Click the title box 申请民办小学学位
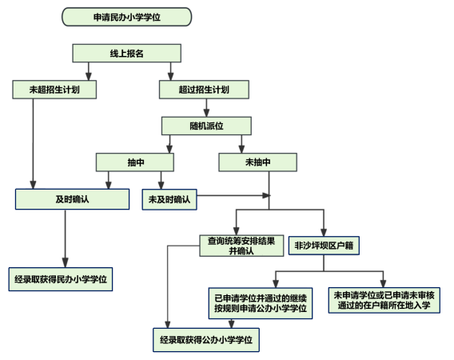coord(126,17)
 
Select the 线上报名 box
coord(126,53)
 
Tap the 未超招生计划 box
coord(54,90)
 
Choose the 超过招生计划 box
coord(204,90)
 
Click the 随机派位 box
coord(206,126)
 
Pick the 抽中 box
coord(135,162)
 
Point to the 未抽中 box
coord(257,162)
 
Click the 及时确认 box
coord(73,199)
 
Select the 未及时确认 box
coord(169,199)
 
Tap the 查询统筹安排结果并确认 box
coord(241,246)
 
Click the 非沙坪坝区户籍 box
coord(324,246)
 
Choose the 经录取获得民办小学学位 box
coord(61,279)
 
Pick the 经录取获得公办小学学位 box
coord(206,340)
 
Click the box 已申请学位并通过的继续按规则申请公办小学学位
coord(261,303)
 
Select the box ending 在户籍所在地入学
coord(384,300)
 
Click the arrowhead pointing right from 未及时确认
coord(266,195)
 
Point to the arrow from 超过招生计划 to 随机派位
coord(206,108)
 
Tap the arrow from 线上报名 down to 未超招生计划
coord(89,71)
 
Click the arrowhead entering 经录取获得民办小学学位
coord(66,263)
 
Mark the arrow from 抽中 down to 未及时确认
coord(161,181)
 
